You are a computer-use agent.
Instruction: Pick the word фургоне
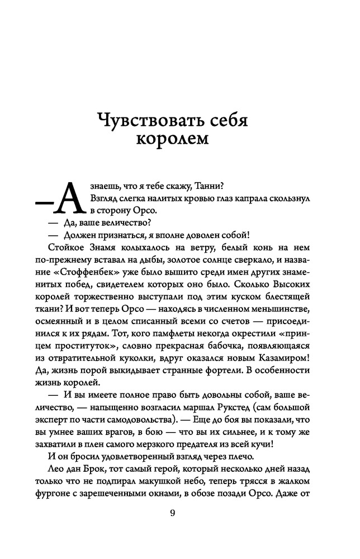pyautogui.click(x=52, y=494)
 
